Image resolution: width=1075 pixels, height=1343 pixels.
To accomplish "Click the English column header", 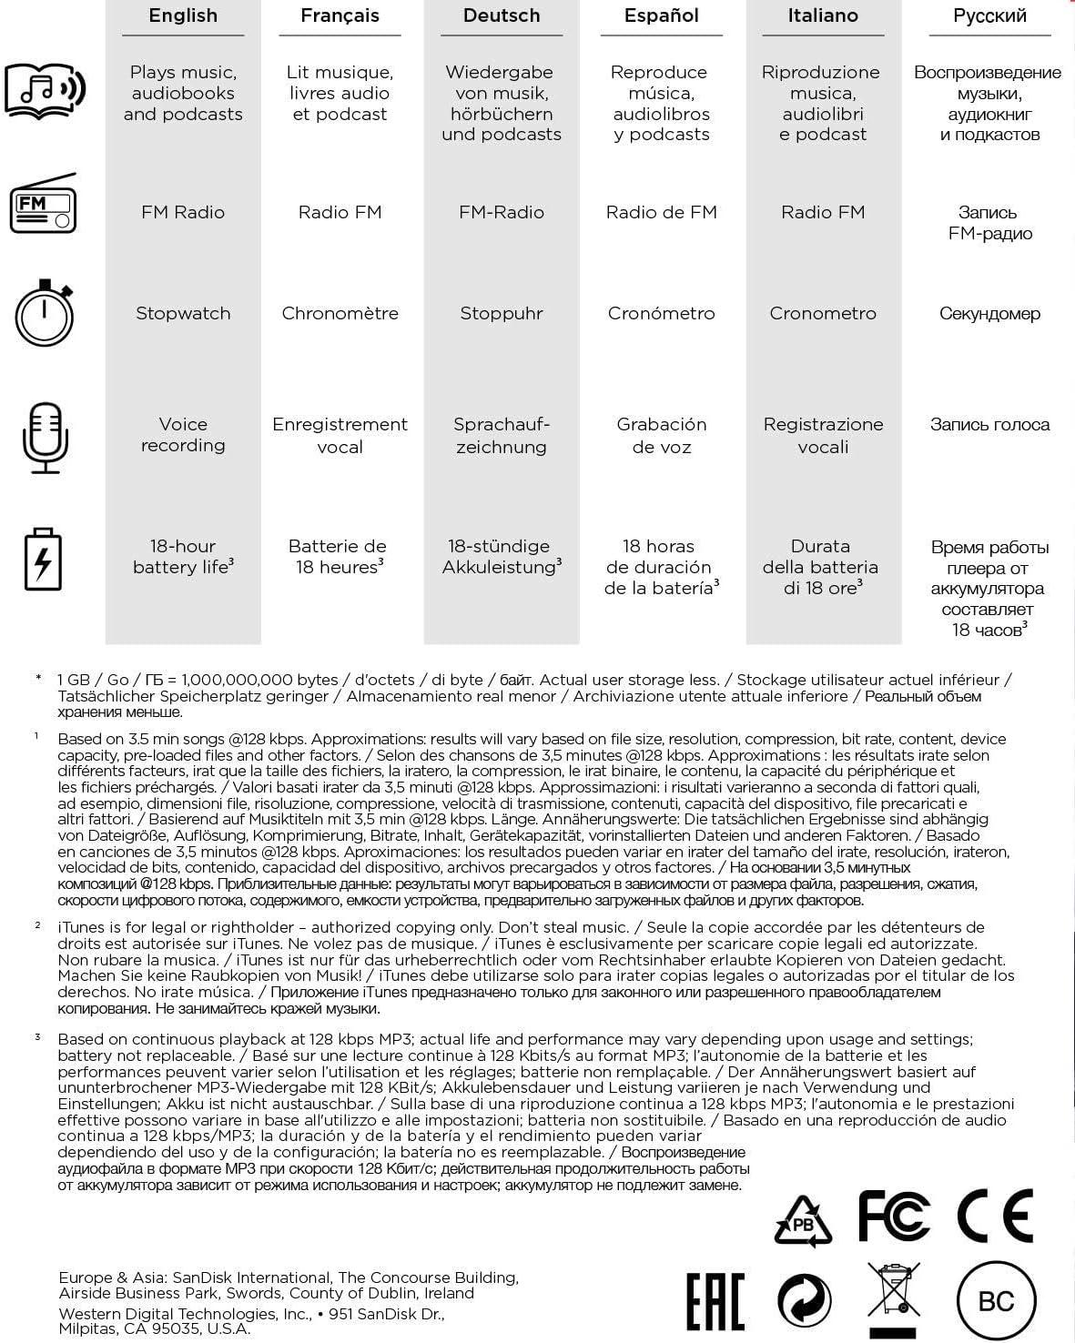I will pyautogui.click(x=183, y=15).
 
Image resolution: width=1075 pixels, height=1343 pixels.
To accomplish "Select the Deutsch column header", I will pyautogui.click(x=502, y=15).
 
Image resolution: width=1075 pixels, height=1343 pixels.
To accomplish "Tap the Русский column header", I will pyautogui.click(x=989, y=15).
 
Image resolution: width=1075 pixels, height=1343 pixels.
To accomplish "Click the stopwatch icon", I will pyautogui.click(x=44, y=313).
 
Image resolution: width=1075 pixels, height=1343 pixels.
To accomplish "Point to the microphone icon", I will pyautogui.click(x=45, y=438).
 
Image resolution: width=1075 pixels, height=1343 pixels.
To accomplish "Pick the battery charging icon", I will pyautogui.click(x=43, y=559).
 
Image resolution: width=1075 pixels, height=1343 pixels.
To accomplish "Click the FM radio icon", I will pyautogui.click(x=43, y=204).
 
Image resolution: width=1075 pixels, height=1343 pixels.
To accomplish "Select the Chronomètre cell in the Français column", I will pyautogui.click(x=340, y=313).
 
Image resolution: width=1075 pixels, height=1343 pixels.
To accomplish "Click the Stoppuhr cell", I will pyautogui.click(x=502, y=313).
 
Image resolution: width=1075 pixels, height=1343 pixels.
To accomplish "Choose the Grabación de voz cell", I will pyautogui.click(x=662, y=435).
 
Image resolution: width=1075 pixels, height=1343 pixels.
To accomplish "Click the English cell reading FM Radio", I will pyautogui.click(x=183, y=212).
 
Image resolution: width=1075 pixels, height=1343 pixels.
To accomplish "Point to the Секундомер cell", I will pyautogui.click(x=989, y=313).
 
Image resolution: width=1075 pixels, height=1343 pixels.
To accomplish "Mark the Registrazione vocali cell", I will pyautogui.click(x=823, y=435).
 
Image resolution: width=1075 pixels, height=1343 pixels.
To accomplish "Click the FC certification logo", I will pyautogui.click(x=894, y=1216).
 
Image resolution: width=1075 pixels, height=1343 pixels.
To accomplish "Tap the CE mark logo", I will pyautogui.click(x=995, y=1216).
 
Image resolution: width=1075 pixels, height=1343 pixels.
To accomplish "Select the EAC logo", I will pyautogui.click(x=715, y=1301).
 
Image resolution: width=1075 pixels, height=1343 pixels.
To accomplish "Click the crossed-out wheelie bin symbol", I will pyautogui.click(x=893, y=1298).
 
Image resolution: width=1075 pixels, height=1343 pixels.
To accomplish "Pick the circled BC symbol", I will pyautogui.click(x=996, y=1300).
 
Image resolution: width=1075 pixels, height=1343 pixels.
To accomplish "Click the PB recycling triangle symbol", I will pyautogui.click(x=803, y=1222).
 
